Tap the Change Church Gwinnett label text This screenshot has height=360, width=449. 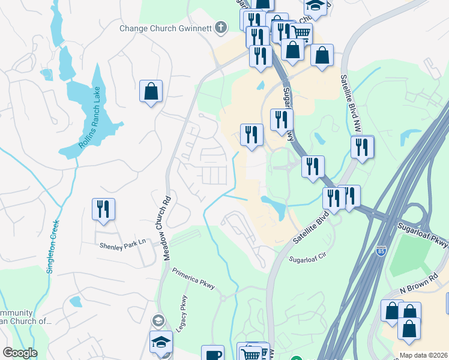tap(166, 28)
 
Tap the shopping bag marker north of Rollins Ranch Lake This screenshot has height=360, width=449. tap(151, 92)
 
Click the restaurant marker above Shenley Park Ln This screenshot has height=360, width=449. tap(103, 209)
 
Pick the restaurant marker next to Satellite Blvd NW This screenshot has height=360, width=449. tap(362, 147)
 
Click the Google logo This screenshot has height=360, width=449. tap(20, 353)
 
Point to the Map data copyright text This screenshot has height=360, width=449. tap(424, 355)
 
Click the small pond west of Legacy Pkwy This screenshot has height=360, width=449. tap(76, 301)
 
